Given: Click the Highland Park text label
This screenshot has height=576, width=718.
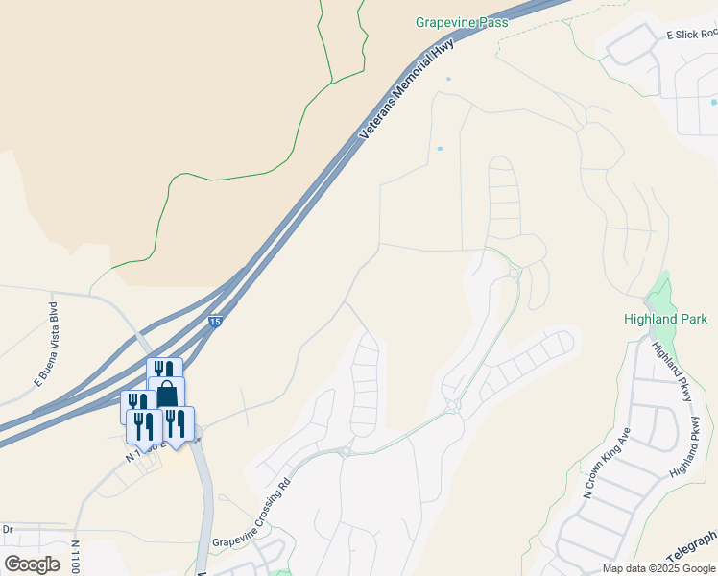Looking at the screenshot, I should click(x=665, y=319).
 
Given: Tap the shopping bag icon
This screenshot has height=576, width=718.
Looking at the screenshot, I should click(x=167, y=394).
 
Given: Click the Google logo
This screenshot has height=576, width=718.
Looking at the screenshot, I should click(x=32, y=564).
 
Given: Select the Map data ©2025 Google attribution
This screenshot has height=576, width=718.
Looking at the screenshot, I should click(x=658, y=568).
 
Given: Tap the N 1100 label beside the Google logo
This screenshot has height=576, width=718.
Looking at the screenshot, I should click(x=75, y=557).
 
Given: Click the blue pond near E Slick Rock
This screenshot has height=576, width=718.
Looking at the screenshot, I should click(x=713, y=102).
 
